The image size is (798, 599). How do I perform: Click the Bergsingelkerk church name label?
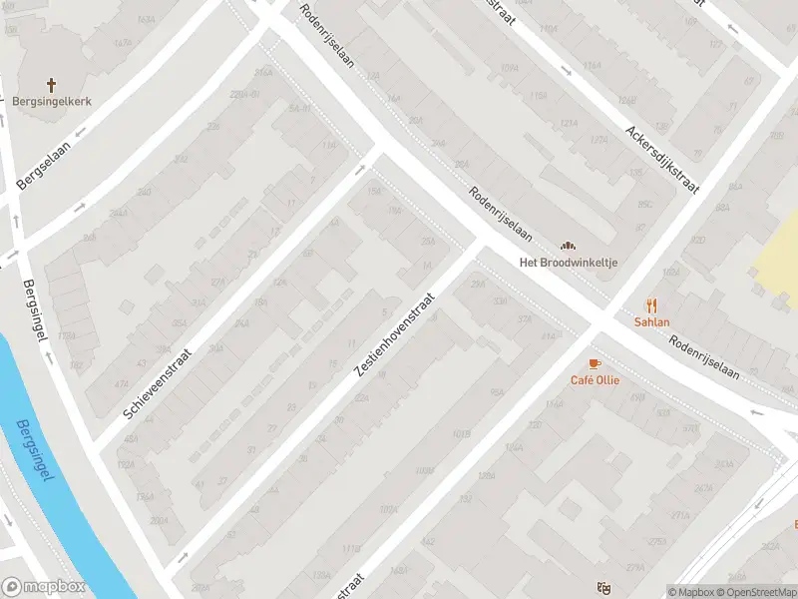click(52, 102)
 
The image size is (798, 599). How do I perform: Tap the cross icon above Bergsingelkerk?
click(52, 85)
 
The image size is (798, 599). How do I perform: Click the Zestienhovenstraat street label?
click(395, 335)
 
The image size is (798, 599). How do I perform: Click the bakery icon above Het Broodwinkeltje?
click(569, 245)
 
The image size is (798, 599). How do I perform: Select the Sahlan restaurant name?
click(651, 322)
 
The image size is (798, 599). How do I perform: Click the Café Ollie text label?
click(594, 380)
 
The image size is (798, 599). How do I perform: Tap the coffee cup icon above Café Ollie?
click(595, 363)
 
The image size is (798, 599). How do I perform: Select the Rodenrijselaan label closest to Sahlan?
click(704, 356)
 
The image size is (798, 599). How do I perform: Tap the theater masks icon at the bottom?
click(602, 588)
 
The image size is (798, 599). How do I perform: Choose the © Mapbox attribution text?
click(691, 592)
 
